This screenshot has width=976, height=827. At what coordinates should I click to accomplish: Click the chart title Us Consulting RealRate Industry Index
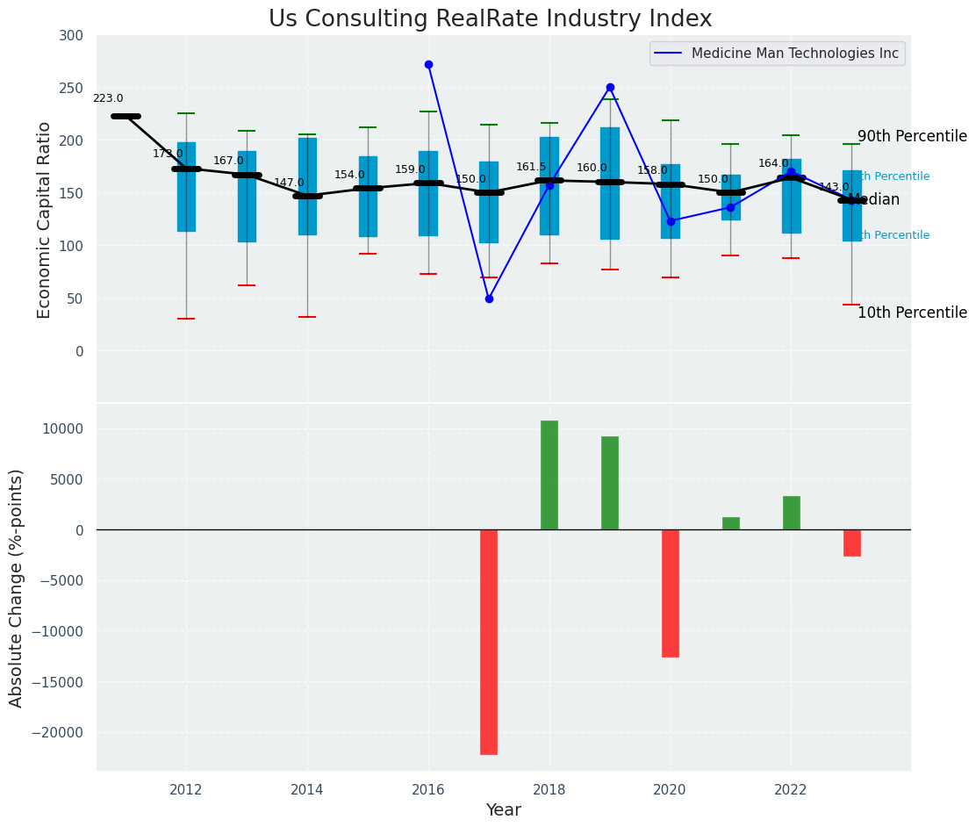[x=490, y=19]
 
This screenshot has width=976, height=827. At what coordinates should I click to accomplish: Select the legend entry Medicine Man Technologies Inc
[x=794, y=54]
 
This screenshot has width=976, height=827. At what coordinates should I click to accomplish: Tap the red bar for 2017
[x=489, y=642]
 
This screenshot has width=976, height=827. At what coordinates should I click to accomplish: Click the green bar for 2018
[x=549, y=475]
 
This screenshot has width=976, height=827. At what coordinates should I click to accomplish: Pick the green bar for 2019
[x=610, y=483]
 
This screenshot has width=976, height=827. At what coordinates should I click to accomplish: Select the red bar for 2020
[x=671, y=593]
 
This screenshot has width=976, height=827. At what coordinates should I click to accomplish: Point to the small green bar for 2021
[x=731, y=523]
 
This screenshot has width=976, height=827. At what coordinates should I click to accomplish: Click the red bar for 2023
[x=852, y=543]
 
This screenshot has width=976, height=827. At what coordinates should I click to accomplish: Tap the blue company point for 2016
[x=428, y=64]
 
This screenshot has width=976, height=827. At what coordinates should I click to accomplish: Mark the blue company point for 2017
[x=489, y=298]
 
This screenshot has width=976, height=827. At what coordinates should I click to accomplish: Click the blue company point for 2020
[x=671, y=221]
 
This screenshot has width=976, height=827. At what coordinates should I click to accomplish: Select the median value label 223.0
[x=108, y=99]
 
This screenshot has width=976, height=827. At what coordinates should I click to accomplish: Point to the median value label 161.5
[x=531, y=167]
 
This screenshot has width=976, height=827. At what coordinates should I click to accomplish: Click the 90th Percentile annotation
[x=912, y=137]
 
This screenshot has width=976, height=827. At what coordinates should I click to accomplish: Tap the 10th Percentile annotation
[x=912, y=313]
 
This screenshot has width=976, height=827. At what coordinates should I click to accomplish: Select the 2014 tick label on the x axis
[x=307, y=790]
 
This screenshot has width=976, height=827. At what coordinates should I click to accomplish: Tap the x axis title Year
[x=504, y=810]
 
